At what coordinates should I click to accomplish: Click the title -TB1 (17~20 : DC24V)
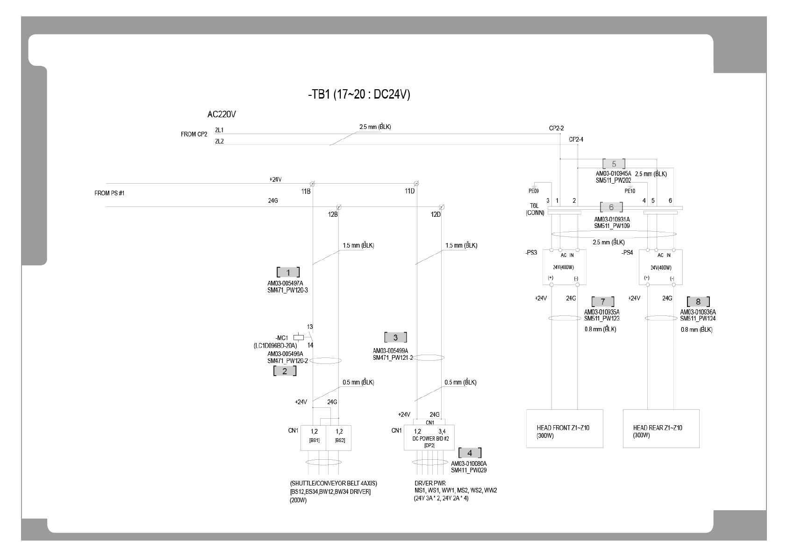359,94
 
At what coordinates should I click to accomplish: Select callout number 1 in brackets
288,272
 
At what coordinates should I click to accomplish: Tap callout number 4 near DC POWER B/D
470,453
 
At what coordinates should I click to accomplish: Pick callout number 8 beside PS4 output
698,302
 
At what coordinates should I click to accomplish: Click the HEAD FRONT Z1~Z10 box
565,428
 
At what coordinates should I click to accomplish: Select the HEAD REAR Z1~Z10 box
661,428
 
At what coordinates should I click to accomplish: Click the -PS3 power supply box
564,267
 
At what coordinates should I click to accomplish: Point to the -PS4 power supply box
660,267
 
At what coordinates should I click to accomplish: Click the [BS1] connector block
314,437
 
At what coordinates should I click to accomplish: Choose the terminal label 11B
306,191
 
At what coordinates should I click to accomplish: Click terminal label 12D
436,214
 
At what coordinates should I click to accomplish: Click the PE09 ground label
533,191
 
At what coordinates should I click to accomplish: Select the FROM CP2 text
194,135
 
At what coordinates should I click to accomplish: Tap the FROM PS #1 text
109,193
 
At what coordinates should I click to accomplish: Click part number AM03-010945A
613,173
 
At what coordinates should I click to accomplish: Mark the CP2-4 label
576,139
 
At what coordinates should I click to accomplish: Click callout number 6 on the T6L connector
611,207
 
